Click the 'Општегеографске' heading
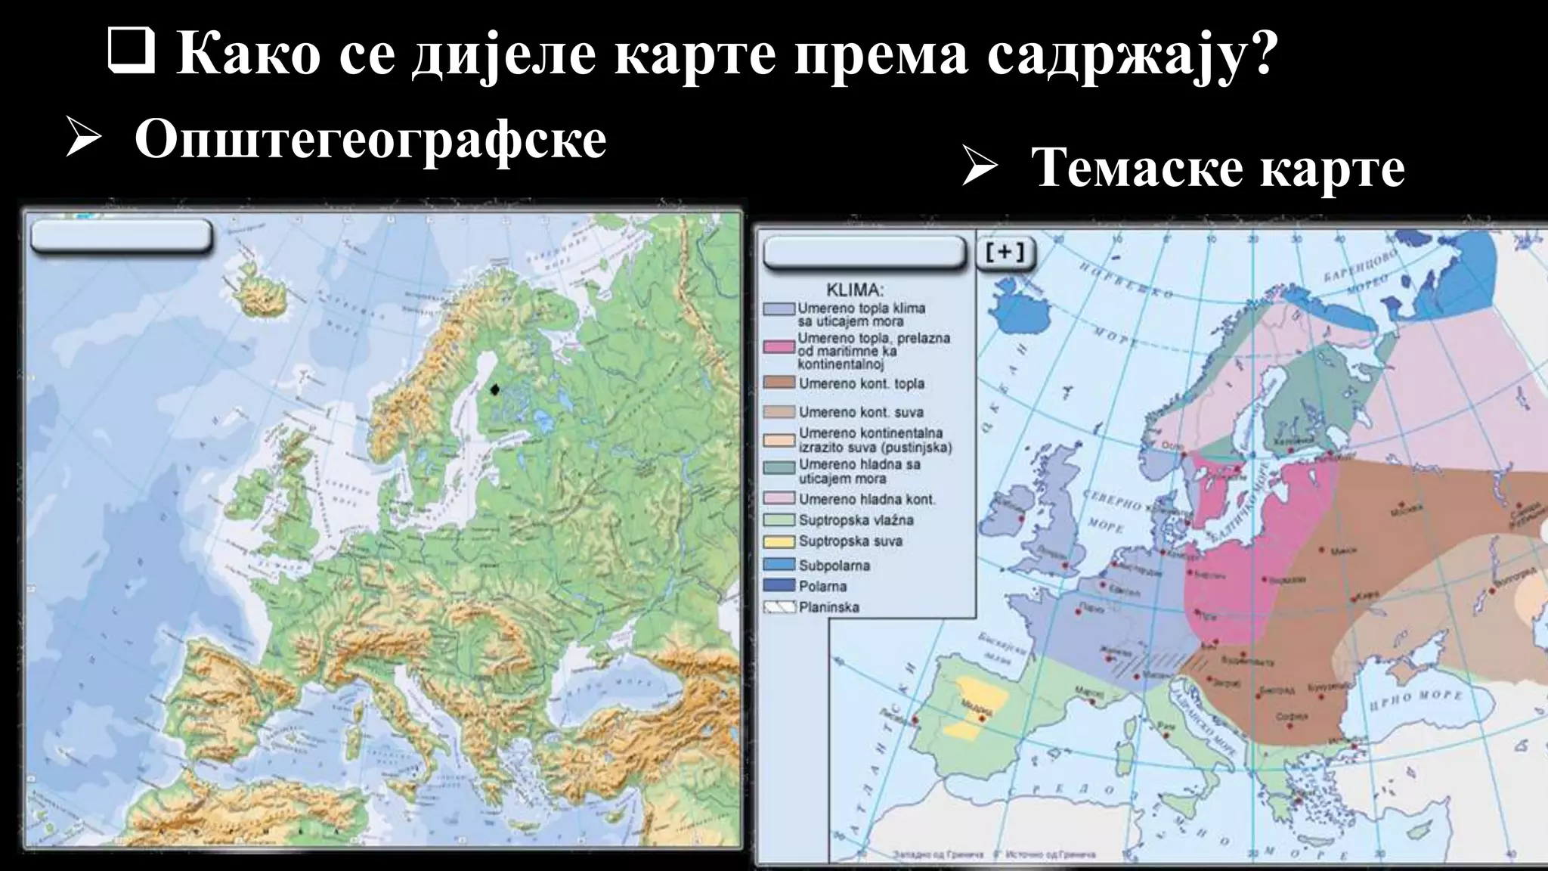coord(370,139)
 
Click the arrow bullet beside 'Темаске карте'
coord(980,168)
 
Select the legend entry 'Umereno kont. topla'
coord(861,384)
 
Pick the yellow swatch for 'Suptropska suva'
coord(779,542)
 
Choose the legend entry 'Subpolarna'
coord(834,566)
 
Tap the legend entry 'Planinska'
coord(828,607)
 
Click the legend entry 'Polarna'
coord(822,587)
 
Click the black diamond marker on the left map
coord(494,389)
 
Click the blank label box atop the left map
coord(121,237)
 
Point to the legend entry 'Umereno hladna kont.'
coord(866,500)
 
